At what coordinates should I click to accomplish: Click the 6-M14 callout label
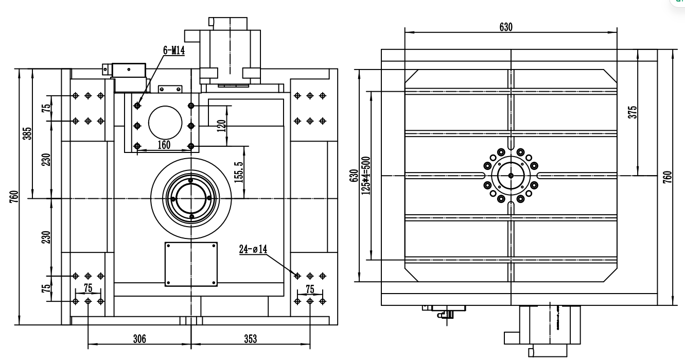tap(174, 50)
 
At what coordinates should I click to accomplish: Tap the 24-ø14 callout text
tap(253, 249)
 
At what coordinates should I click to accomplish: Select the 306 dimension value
tap(139, 338)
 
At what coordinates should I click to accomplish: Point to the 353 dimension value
tap(251, 338)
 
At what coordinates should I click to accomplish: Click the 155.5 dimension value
tap(239, 173)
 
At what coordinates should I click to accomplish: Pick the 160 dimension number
tap(164, 145)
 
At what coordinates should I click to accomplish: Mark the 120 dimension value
tap(221, 126)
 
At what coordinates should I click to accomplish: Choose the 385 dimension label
tap(27, 133)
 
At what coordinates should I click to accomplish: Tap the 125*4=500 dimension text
tap(366, 176)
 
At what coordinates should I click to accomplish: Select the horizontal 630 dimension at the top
tap(506, 27)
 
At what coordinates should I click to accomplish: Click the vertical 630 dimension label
tap(354, 176)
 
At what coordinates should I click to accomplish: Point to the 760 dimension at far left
tap(14, 196)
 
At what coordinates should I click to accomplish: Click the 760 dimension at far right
tap(668, 177)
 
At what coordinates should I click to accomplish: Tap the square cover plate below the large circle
tap(191, 265)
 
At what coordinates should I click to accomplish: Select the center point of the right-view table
tap(511, 176)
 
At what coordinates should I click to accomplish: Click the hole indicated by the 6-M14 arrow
tap(137, 106)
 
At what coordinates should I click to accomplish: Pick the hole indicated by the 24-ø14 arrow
tap(297, 276)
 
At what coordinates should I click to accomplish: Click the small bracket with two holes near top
tap(170, 89)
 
